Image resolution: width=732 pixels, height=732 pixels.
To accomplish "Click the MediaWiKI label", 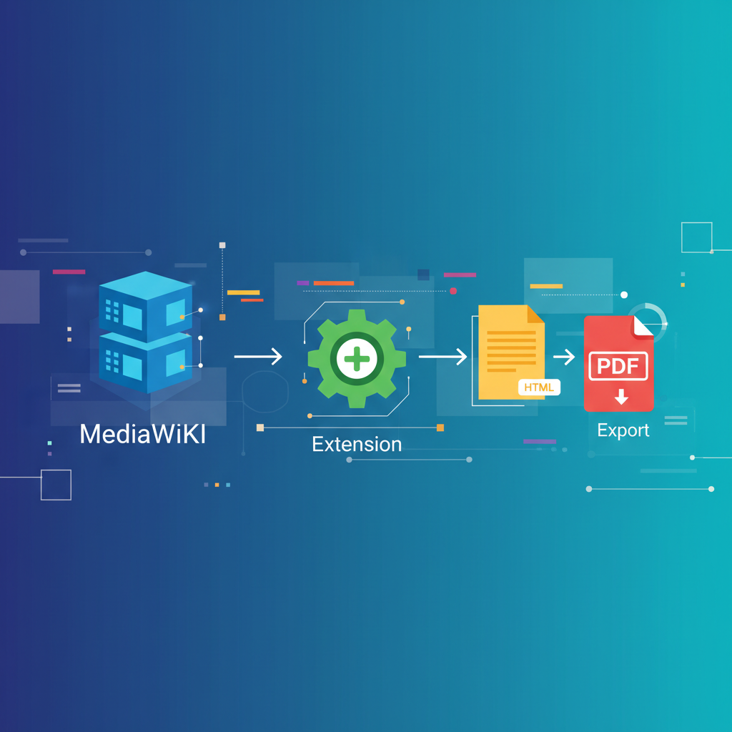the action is [x=142, y=434].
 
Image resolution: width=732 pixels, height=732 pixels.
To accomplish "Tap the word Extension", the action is [x=357, y=444].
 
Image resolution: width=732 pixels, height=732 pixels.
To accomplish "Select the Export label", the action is [x=623, y=430].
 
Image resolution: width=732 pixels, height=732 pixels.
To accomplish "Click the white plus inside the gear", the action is [x=357, y=359].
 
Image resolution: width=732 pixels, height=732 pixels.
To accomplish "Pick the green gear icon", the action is [x=357, y=359].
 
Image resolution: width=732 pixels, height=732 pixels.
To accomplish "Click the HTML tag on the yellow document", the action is [x=539, y=387].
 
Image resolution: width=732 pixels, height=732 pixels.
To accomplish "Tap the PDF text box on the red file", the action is [x=618, y=366].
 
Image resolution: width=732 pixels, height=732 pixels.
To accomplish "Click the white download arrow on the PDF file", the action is [x=621, y=397].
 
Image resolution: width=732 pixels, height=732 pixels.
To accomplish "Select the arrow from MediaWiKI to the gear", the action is [x=258, y=356].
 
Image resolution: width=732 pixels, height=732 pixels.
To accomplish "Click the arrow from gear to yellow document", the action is [x=442, y=357].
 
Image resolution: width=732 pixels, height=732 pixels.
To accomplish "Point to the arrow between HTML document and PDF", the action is [x=564, y=357].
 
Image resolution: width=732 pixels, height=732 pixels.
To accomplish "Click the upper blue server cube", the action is [x=146, y=306].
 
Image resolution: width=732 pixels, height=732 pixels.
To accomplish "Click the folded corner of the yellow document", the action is [x=535, y=314].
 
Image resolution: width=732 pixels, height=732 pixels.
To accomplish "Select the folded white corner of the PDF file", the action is [x=643, y=325].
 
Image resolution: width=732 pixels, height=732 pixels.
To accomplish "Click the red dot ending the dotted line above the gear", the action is [x=452, y=291].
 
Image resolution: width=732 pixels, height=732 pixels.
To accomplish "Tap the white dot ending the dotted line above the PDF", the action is [x=623, y=295].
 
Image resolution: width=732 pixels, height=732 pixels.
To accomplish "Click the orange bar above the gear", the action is [x=334, y=283].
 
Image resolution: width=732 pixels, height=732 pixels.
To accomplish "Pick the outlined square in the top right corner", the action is [x=696, y=237].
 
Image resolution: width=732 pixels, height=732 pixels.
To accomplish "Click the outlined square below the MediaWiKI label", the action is [x=56, y=485].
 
